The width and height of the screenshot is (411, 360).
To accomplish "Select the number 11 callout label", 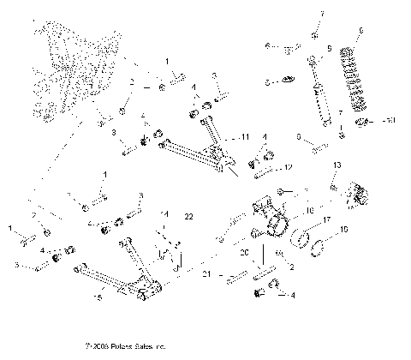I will (x=245, y=137).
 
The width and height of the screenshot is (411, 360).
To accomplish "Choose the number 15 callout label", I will (x=98, y=297).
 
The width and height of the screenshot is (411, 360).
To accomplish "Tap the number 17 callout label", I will (x=326, y=220).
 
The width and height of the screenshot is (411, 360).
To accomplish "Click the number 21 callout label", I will (x=206, y=273).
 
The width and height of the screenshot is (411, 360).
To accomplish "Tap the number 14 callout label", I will (x=165, y=213).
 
